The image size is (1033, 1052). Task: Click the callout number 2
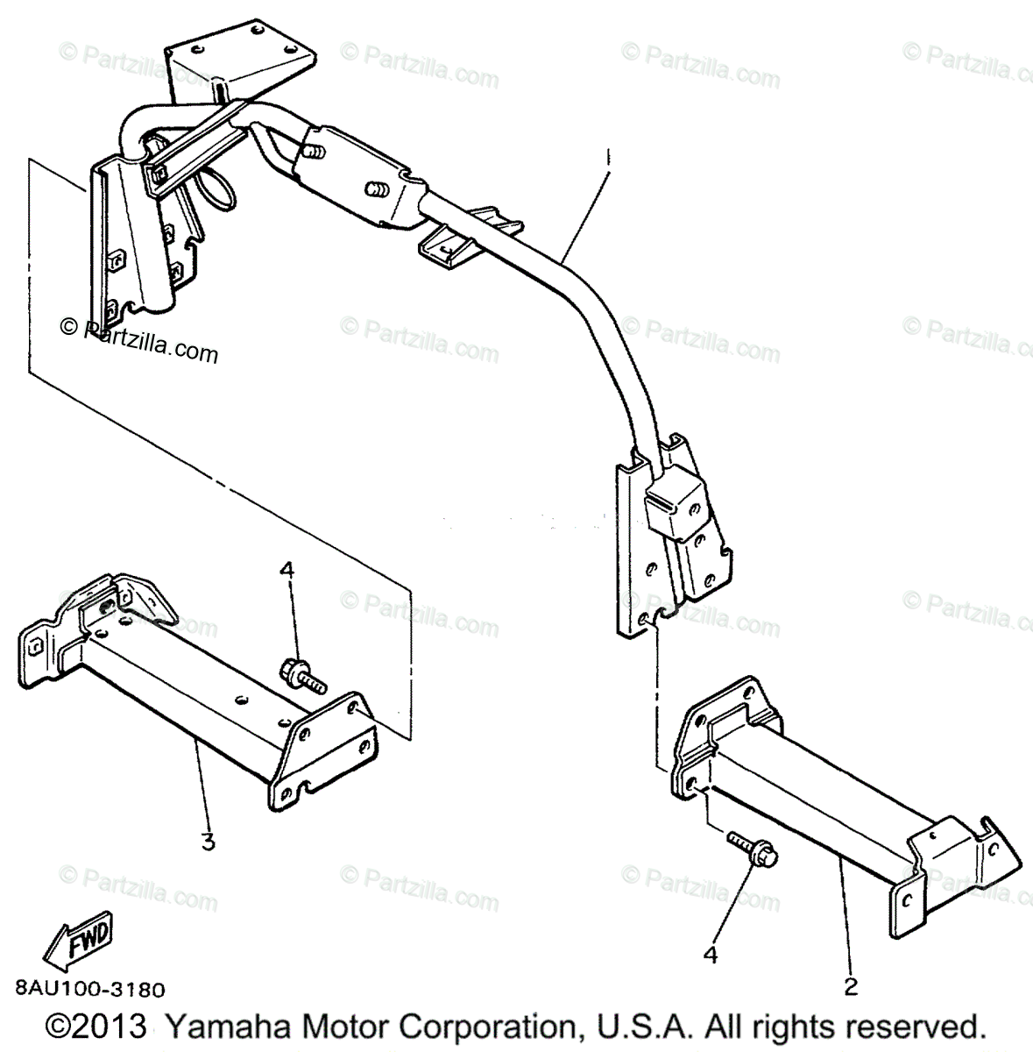(x=850, y=986)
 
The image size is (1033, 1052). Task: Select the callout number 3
(x=208, y=842)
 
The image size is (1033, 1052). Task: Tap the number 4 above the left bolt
(x=287, y=570)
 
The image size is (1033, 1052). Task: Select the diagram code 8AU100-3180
(x=88, y=990)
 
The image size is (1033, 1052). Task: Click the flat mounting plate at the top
(x=240, y=60)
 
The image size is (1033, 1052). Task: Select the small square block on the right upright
(x=675, y=505)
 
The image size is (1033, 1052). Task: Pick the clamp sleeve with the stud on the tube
(x=360, y=172)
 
